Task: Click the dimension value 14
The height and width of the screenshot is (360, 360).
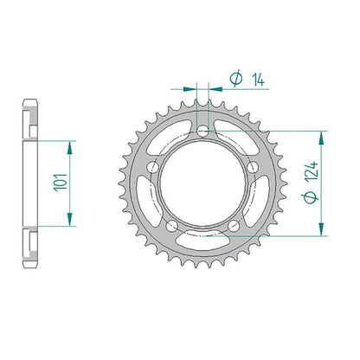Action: point(258,80)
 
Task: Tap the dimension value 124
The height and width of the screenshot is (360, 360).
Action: point(312,171)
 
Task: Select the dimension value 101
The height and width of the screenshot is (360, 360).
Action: point(61,183)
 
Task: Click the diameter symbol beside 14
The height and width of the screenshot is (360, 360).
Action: point(236,78)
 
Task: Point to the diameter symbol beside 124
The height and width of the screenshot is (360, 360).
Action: point(311,197)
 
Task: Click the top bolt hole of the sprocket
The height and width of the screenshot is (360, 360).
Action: point(202,132)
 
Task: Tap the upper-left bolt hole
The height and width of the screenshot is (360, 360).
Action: point(153,167)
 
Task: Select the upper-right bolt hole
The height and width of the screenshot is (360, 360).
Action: point(253,167)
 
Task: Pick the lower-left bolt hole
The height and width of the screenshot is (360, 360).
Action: point(172,226)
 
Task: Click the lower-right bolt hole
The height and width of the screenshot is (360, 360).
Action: point(234,226)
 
